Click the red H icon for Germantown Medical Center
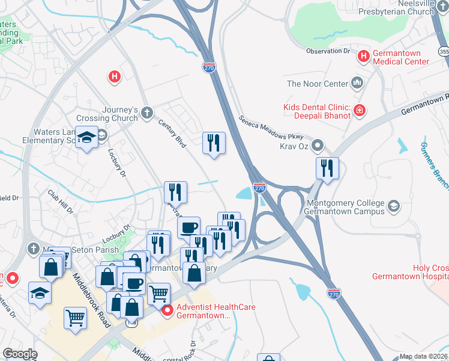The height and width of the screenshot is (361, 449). [363, 57]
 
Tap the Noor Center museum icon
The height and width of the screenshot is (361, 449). [358, 83]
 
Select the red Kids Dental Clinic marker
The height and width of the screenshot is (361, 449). [359, 110]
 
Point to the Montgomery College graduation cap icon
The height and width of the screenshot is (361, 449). [394, 206]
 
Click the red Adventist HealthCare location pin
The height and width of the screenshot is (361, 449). [167, 311]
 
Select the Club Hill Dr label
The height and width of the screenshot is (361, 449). [61, 202]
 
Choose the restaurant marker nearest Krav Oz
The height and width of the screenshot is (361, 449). [327, 168]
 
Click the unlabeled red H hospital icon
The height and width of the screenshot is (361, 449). [114, 76]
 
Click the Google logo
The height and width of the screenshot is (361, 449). [20, 354]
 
